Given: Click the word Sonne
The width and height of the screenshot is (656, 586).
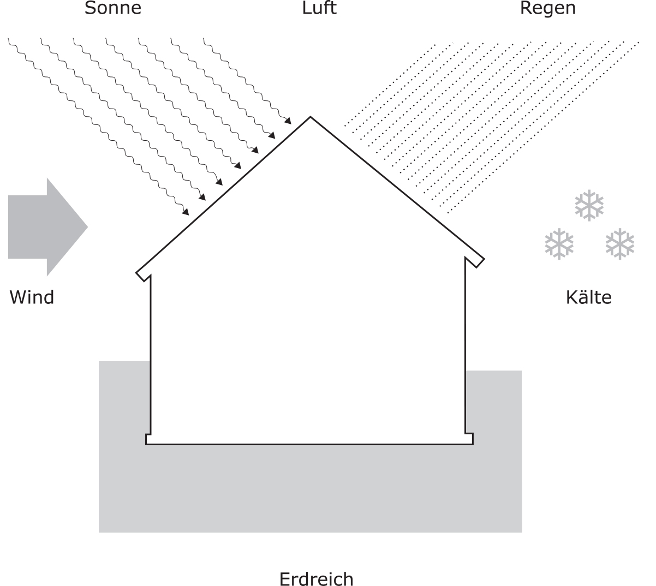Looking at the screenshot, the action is coord(113,8).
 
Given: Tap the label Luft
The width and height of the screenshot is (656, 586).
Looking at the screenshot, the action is coord(319,8).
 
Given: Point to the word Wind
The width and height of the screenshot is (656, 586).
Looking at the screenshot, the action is coord(32,297).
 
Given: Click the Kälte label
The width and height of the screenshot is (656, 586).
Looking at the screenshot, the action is coord(589,297).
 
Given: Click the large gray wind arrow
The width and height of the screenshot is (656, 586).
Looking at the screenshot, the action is coord(47,227).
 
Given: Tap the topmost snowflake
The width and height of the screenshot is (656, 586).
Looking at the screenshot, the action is coord(589,205).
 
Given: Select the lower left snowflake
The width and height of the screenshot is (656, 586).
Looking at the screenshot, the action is coord(559,244).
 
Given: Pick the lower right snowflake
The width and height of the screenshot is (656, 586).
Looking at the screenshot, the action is coord(620,244).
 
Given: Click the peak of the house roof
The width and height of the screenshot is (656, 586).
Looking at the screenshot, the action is coord(310,117).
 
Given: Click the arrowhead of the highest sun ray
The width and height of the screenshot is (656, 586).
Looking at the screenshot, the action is coord(288,121).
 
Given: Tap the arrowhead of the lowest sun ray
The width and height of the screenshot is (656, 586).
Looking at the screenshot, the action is coord(186,212).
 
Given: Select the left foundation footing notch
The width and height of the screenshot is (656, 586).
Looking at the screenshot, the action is coord(148,439).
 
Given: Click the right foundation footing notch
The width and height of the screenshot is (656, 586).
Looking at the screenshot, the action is coord(469,439).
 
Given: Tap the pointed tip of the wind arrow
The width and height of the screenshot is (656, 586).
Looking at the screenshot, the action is coord(87,227).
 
